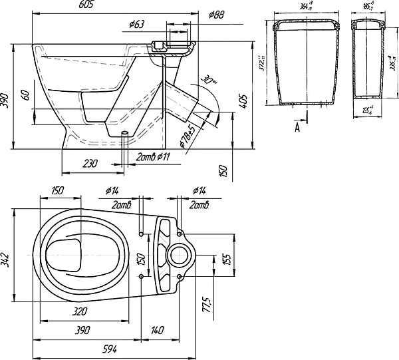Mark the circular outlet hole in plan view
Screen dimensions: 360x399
pyautogui.click(x=178, y=255)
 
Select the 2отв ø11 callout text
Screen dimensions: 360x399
pyautogui.click(x=153, y=157)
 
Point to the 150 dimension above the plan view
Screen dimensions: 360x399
pyautogui.click(x=57, y=191)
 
